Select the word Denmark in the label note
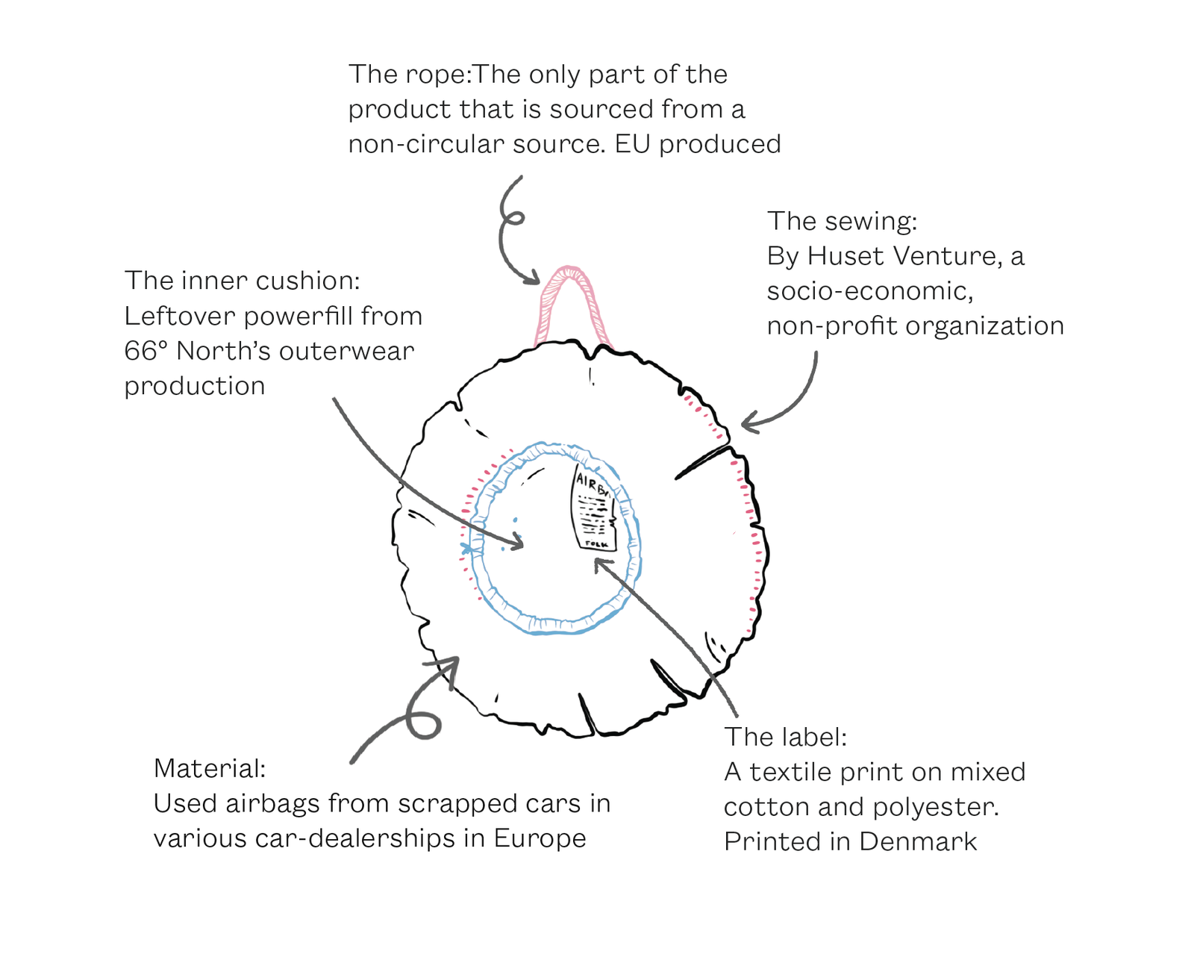click(x=918, y=841)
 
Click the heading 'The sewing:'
click(x=842, y=221)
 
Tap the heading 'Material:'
click(x=209, y=768)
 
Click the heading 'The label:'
click(x=785, y=737)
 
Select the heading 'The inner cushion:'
click(x=242, y=281)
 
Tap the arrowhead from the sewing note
click(x=749, y=424)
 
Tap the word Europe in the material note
click(x=540, y=838)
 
